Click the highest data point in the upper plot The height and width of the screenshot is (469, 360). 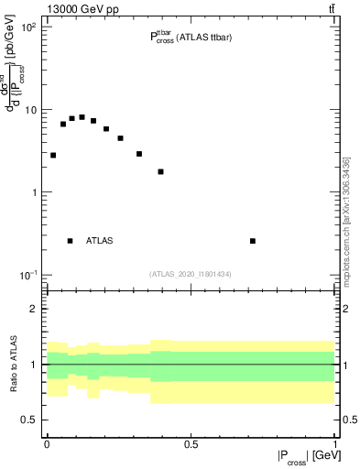(x=82, y=117)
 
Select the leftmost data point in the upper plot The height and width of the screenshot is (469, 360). (x=53, y=156)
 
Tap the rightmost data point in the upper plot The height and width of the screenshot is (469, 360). (x=253, y=241)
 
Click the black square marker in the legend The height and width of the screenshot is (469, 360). (x=71, y=241)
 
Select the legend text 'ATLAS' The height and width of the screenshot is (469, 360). (x=100, y=241)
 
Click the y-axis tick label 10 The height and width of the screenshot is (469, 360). (x=31, y=110)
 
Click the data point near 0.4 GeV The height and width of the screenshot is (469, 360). (x=161, y=171)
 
